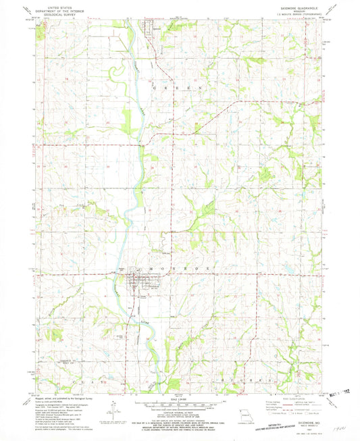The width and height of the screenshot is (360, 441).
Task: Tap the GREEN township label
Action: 180,88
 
